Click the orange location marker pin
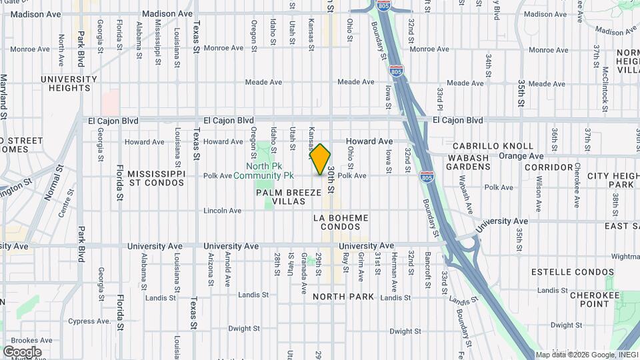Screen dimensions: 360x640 (320, 159)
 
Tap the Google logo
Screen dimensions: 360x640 (22, 351)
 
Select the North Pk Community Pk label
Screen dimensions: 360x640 (269, 171)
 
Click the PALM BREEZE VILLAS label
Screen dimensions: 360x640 (289, 197)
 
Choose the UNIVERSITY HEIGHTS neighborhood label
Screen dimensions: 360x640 (69, 83)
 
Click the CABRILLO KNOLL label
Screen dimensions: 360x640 (493, 146)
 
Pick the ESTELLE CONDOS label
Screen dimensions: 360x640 (572, 272)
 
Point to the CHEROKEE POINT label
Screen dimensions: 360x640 (589, 297)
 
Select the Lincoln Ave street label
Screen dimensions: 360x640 (223, 211)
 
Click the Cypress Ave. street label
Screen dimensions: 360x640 (89, 321)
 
